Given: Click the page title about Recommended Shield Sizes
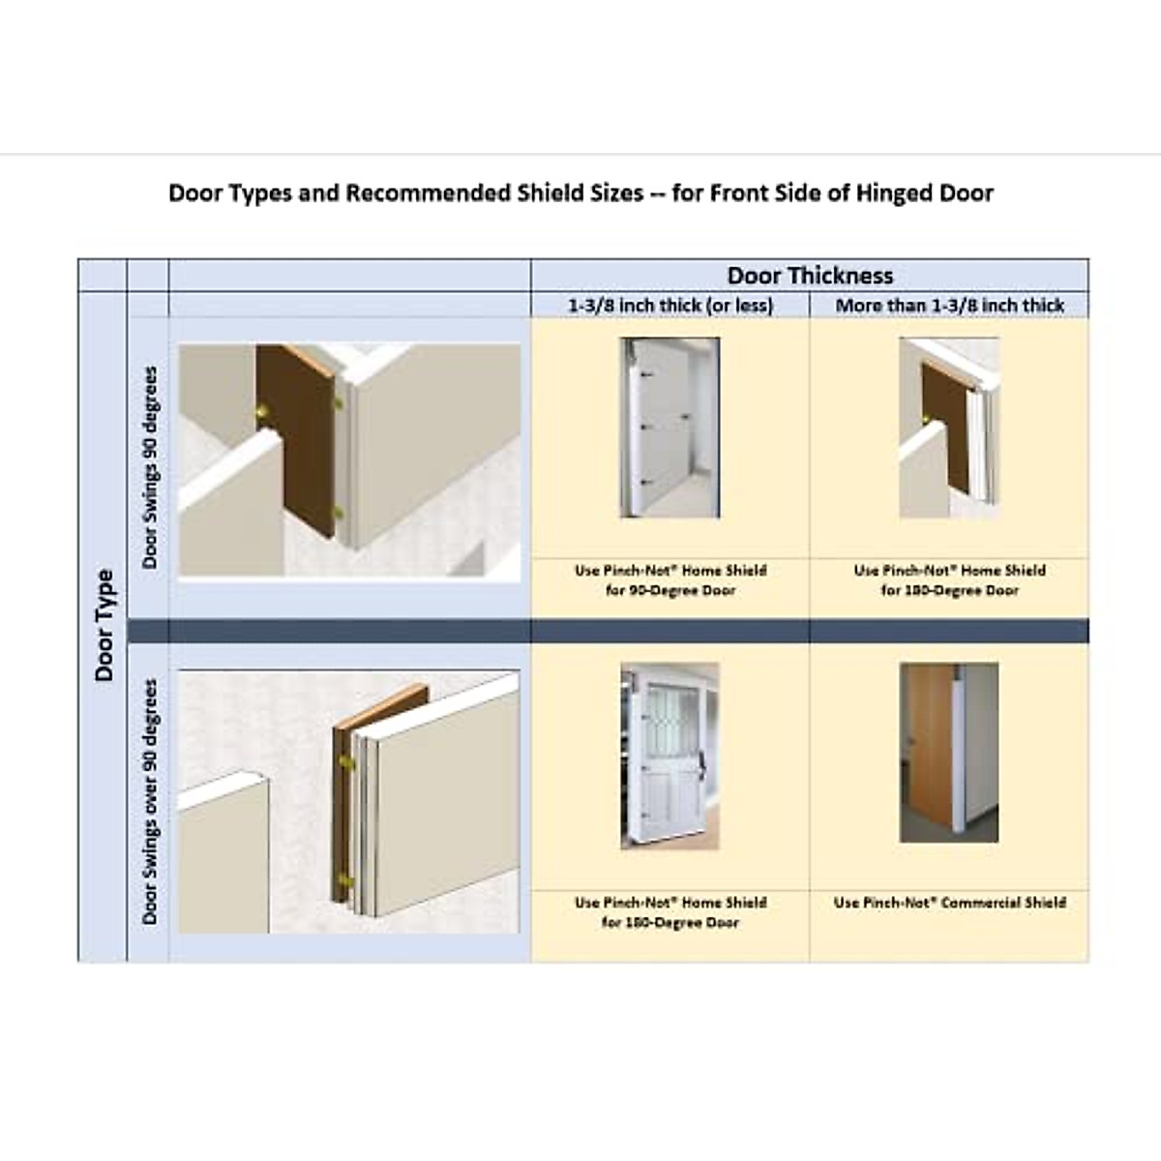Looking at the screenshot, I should pyautogui.click(x=580, y=193).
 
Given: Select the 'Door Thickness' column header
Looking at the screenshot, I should pyautogui.click(x=810, y=275).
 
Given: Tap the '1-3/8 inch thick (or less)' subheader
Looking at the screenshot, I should pyautogui.click(x=670, y=306).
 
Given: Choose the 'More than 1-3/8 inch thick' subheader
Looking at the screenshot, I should pyautogui.click(x=949, y=306).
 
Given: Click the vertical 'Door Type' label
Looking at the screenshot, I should pyautogui.click(x=104, y=625).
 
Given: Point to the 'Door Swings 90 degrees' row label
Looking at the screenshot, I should pyautogui.click(x=149, y=466).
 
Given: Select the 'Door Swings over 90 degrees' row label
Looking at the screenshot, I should pyautogui.click(x=149, y=800).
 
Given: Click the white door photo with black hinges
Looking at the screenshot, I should pyautogui.click(x=670, y=428).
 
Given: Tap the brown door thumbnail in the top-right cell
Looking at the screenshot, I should pyautogui.click(x=948, y=428).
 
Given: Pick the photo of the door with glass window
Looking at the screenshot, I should pyautogui.click(x=670, y=756).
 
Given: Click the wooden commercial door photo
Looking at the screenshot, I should pyautogui.click(x=948, y=752).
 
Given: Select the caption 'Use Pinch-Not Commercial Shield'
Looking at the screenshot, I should pyautogui.click(x=949, y=903).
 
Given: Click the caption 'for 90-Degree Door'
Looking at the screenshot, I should pyautogui.click(x=670, y=590).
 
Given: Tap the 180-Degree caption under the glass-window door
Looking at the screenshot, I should pyautogui.click(x=670, y=923).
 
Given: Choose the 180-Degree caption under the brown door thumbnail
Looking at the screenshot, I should pyautogui.click(x=949, y=590).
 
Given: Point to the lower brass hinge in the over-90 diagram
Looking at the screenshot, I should pyautogui.click(x=345, y=883).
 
